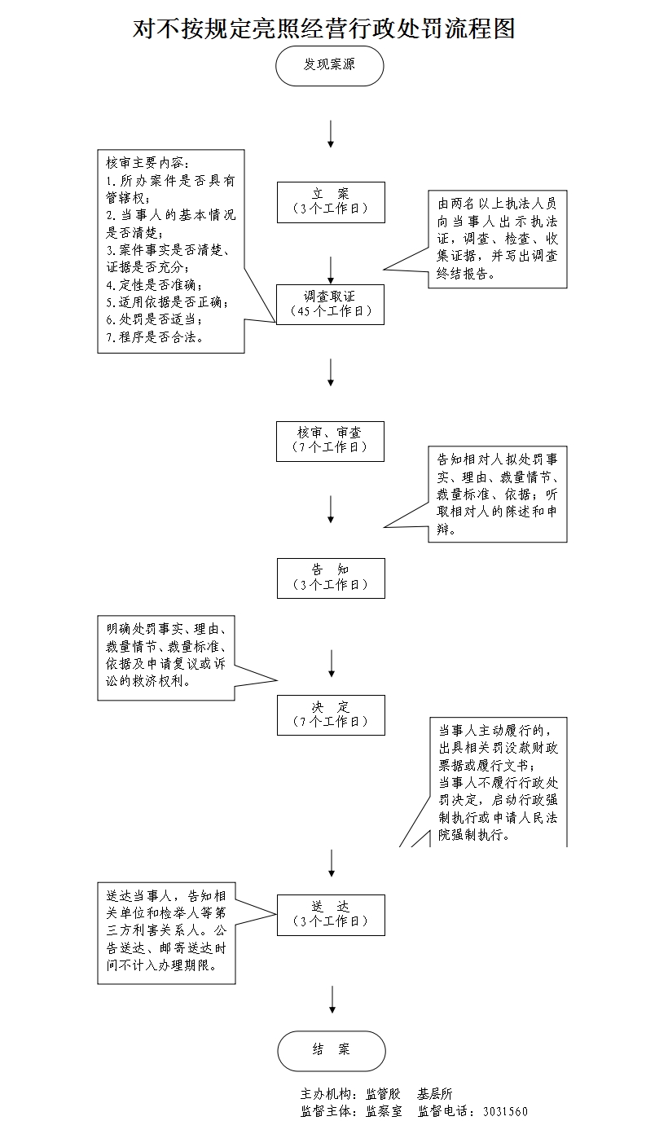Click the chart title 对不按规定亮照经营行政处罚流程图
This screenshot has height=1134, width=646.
[x=324, y=29]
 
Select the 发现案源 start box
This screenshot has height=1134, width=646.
[x=330, y=65]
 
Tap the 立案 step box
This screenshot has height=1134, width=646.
[x=330, y=201]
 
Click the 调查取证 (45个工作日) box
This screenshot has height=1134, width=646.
[x=330, y=304]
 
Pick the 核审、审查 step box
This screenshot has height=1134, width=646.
[x=330, y=441]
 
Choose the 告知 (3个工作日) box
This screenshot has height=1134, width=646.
[x=330, y=578]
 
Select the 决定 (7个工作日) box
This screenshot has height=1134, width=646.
[x=330, y=714]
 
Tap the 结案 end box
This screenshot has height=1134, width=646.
[x=331, y=1050]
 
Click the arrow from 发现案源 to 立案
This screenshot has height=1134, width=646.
[x=331, y=134]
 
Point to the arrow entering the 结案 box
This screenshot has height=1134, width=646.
[x=332, y=1000]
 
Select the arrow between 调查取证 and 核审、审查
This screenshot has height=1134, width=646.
[x=331, y=371]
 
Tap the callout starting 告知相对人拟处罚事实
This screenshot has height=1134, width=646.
[x=497, y=493]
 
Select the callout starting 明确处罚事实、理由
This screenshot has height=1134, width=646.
[x=166, y=657]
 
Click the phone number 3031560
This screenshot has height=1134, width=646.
[x=505, y=1111]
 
